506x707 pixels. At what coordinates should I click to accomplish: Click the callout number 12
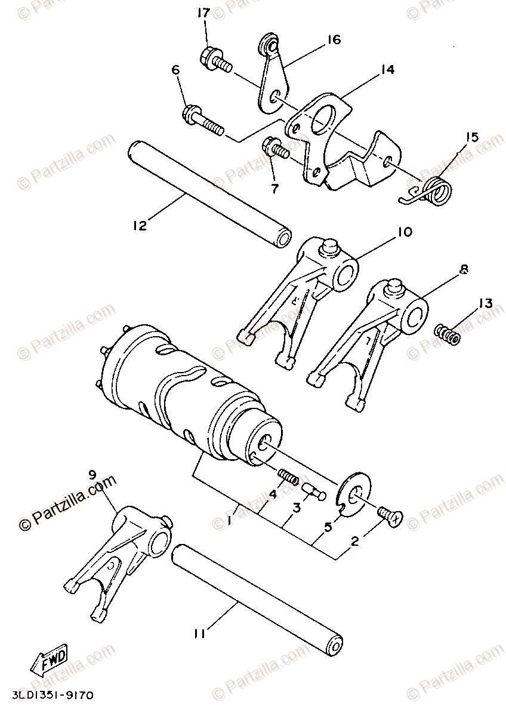point(140,226)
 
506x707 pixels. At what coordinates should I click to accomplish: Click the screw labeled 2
point(388,515)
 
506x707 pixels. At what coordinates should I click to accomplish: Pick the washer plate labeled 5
point(354,494)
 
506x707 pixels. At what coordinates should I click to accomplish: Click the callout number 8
point(464,270)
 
